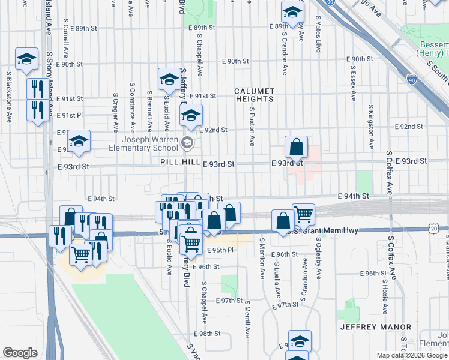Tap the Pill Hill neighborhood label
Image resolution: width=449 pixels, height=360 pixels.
coord(179,163)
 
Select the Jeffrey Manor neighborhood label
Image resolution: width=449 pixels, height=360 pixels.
coord(376,327)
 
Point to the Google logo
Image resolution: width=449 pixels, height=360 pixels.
coord(20,353)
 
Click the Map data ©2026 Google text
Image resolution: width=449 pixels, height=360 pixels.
coord(412,355)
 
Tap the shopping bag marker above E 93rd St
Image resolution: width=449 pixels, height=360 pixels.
coord(297,147)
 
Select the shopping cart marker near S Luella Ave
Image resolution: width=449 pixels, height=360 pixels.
coord(304,214)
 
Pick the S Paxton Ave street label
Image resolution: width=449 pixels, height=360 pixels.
coord(252,128)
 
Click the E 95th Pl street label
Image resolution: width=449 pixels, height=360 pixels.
coord(220,250)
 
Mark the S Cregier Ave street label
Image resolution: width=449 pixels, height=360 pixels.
coord(114,113)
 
